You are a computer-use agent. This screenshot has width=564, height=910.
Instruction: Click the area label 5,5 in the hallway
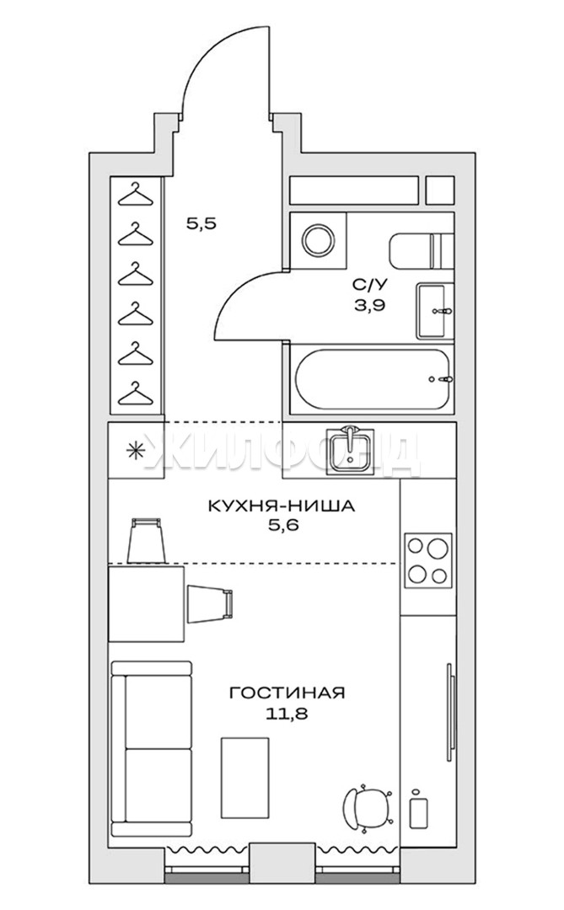tap(201, 222)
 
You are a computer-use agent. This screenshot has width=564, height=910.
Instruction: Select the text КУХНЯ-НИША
tap(281, 506)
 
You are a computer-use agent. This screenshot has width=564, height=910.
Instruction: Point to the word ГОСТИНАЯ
tap(287, 693)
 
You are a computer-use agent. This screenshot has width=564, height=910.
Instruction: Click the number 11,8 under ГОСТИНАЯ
tap(287, 714)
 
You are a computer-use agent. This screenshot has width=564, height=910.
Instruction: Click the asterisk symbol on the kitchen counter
tap(136, 450)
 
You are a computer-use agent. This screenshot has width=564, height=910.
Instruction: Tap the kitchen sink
tap(350, 450)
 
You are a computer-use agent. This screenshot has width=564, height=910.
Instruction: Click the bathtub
tap(373, 379)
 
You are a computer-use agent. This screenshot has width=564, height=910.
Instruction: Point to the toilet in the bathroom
tap(419, 251)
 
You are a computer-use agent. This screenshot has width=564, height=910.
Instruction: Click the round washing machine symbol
tap(319, 239)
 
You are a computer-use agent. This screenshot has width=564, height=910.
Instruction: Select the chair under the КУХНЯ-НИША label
tap(146, 540)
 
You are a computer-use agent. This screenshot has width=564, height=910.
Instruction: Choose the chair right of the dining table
tap(210, 604)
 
